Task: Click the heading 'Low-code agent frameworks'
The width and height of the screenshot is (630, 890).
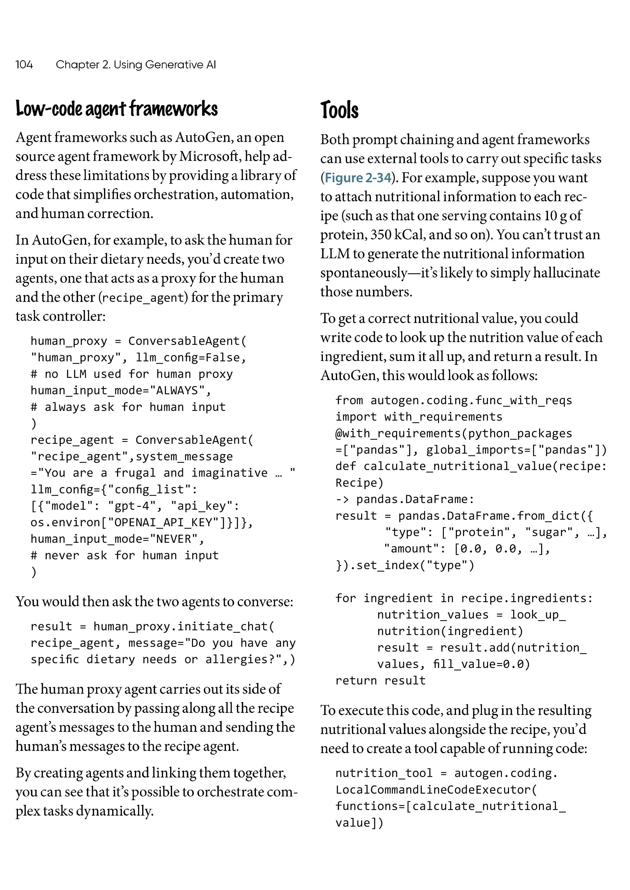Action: pyautogui.click(x=116, y=109)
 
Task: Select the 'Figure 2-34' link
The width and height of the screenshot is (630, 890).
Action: pyautogui.click(x=357, y=178)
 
